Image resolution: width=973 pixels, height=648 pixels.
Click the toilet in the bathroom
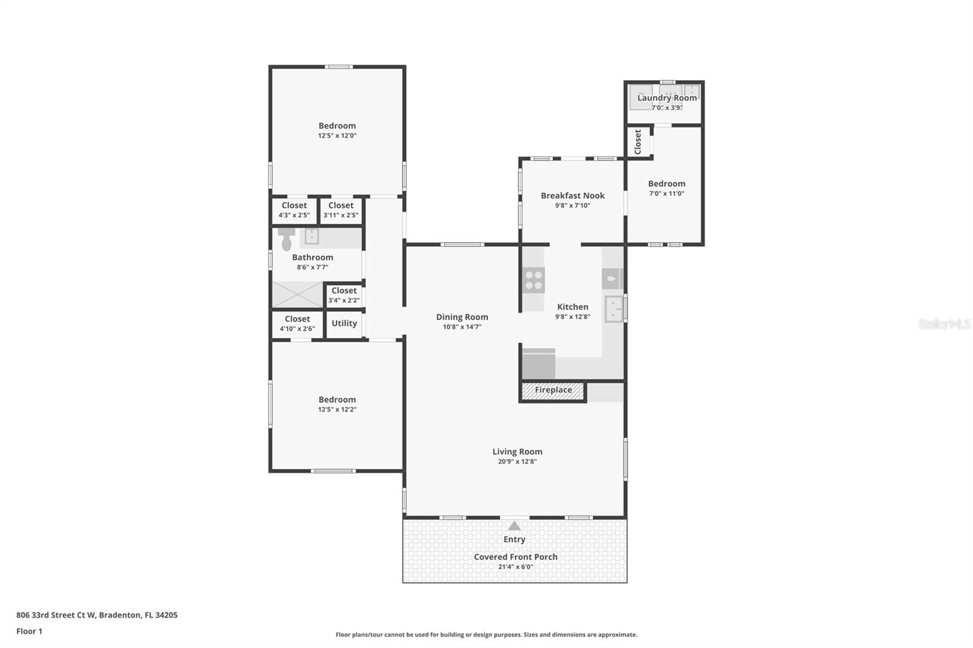coord(286,240)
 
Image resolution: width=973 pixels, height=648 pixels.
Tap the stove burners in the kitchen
coord(534,280)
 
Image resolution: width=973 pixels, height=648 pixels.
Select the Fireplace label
coord(553,390)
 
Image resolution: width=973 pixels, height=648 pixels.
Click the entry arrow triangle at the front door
coord(514,526)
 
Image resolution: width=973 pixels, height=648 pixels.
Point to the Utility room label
coord(344,323)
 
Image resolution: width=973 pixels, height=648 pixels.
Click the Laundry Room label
coord(667,98)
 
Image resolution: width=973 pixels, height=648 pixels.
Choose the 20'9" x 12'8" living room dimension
coord(518,461)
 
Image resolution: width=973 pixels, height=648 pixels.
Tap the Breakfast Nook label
coord(573,196)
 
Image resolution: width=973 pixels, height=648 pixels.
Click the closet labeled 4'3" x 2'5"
coord(294,210)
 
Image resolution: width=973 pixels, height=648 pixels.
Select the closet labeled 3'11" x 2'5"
coord(341,210)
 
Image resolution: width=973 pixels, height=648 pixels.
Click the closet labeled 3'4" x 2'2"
coord(344,295)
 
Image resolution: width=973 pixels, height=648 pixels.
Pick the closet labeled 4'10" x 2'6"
coord(297,324)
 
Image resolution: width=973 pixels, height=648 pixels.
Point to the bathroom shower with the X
coord(297,294)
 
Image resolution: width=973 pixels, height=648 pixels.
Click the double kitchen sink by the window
coord(614,309)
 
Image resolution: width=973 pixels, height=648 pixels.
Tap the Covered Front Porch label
coord(516,557)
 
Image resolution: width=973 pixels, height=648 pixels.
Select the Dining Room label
coord(462,317)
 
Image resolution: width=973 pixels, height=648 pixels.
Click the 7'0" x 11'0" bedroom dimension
coord(667,193)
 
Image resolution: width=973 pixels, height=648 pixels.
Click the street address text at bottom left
coord(97,615)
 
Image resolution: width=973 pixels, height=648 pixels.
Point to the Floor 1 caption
coord(29,632)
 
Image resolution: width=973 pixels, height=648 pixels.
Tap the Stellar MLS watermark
coord(944,324)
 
